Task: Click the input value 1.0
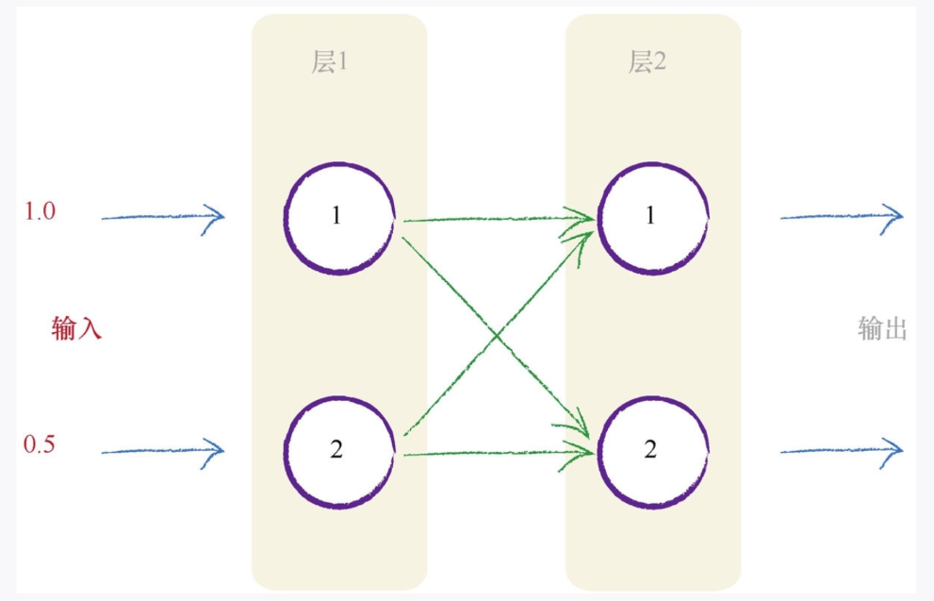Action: click(41, 211)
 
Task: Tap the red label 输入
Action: click(76, 329)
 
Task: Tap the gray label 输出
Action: click(882, 329)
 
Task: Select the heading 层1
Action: click(330, 63)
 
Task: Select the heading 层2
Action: click(647, 63)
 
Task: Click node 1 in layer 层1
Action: click(337, 217)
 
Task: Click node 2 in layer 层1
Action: click(337, 450)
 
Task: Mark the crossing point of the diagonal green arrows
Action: click(497, 335)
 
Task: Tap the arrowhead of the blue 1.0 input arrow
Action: click(219, 216)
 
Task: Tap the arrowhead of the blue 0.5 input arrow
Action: click(219, 450)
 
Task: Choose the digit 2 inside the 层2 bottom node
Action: click(650, 450)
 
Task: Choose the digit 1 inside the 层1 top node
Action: click(337, 217)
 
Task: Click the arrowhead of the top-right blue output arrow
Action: click(897, 216)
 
